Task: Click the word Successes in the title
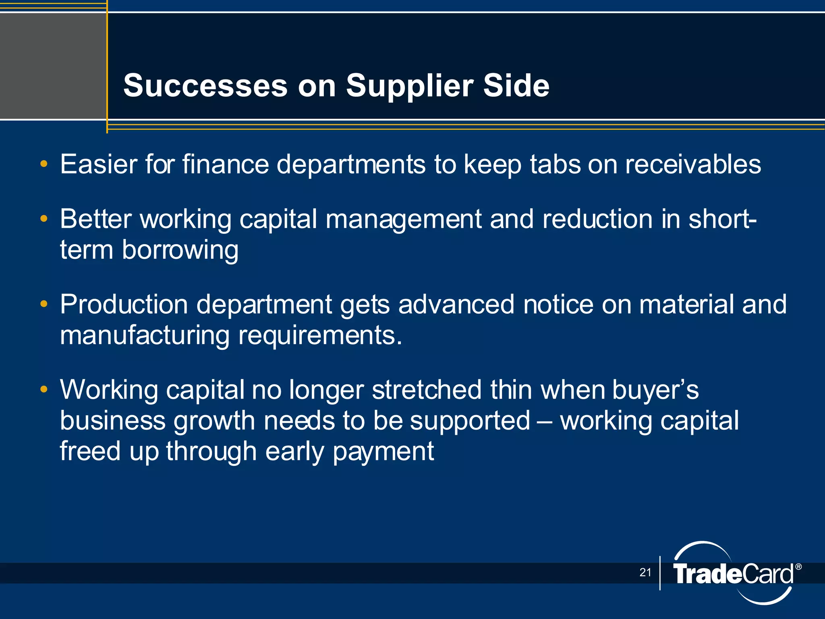click(205, 85)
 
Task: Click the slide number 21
click(645, 572)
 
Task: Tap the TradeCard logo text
click(732, 574)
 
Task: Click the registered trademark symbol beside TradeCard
click(798, 567)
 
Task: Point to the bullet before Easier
click(44, 164)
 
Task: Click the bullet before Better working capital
click(44, 219)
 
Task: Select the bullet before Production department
click(44, 304)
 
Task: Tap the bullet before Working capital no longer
click(44, 390)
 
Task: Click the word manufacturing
click(145, 335)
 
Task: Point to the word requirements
click(320, 335)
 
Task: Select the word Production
click(124, 304)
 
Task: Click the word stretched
click(427, 390)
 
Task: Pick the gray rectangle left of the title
click(52, 66)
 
